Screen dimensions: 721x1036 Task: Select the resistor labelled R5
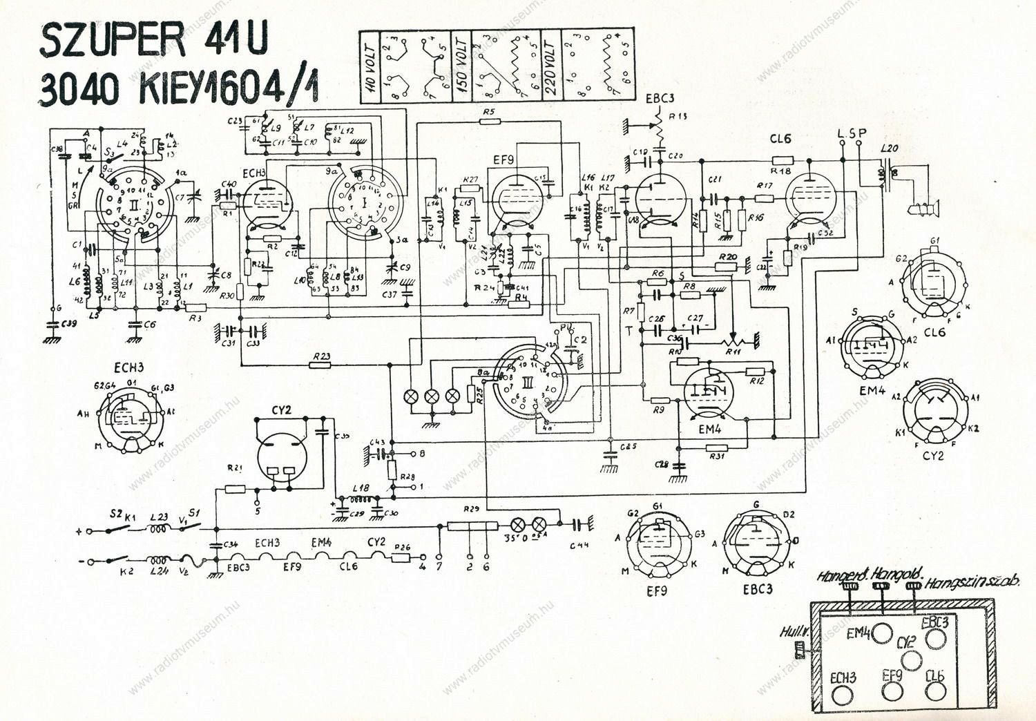point(490,121)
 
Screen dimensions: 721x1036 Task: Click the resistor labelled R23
point(321,365)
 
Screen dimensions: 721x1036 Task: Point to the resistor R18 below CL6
point(780,160)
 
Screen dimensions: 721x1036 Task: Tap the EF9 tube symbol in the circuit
point(514,200)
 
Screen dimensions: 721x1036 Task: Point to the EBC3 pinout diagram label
point(757,589)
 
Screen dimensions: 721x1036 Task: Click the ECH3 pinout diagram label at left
point(129,368)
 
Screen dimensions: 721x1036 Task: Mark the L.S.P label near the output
point(851,133)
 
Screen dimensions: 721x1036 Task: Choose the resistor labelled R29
point(472,526)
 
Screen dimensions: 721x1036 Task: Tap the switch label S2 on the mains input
point(116,514)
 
